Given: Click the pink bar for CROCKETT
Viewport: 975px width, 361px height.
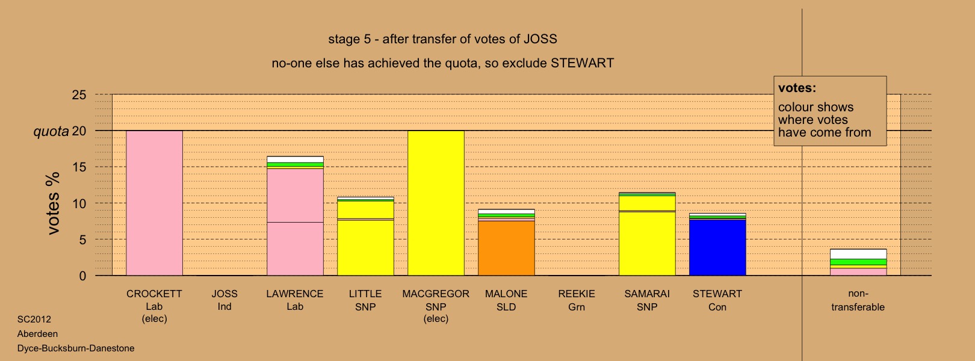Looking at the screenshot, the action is (x=155, y=203).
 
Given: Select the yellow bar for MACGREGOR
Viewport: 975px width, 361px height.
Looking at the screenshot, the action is (x=436, y=203).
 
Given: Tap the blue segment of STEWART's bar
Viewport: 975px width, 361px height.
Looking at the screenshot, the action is (x=717, y=247).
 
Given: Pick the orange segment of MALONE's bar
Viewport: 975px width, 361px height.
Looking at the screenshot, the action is (x=506, y=248).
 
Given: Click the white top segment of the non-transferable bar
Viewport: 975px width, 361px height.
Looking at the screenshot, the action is (x=858, y=254).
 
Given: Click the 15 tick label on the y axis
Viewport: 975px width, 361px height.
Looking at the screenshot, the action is (x=79, y=167).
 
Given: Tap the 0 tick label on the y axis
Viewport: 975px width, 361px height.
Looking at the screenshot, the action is (x=82, y=276).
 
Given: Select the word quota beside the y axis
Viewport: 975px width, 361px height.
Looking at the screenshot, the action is (x=51, y=131).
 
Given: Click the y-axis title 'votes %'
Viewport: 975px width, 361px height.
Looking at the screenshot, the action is (x=53, y=203).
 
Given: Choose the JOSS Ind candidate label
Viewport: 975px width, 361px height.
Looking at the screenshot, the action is (x=224, y=300).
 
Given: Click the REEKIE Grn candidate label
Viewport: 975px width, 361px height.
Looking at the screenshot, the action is (x=577, y=300).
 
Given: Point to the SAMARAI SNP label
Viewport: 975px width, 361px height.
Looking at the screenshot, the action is (x=647, y=300).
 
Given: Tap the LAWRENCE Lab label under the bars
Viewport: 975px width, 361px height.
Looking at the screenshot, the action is (x=295, y=300).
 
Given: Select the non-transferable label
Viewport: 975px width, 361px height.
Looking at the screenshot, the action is (x=858, y=300).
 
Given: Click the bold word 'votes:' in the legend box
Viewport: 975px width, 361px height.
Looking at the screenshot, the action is (x=797, y=88).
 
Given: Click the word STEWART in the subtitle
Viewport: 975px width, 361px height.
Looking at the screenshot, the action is (x=583, y=63).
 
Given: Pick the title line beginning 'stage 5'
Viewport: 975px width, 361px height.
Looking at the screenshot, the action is (x=443, y=39).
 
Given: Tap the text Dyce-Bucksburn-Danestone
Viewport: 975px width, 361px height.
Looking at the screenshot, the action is (x=76, y=348).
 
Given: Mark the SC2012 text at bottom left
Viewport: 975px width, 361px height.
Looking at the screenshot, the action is (x=34, y=319).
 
